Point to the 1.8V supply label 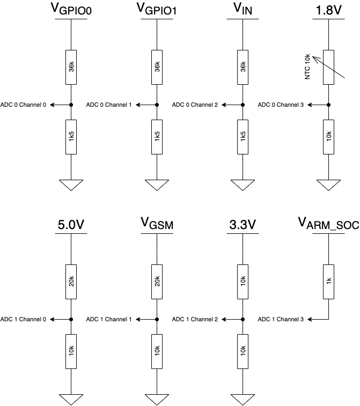[x=328, y=10]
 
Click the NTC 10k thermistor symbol [x=328, y=67]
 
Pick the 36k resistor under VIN [x=243, y=67]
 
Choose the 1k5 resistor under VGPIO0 [x=71, y=137]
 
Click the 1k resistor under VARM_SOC [x=328, y=282]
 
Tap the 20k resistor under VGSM [x=157, y=282]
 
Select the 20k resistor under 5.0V [x=71, y=282]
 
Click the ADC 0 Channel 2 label [x=195, y=105]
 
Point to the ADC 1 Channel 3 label [x=281, y=319]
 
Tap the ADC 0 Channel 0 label [x=23, y=105]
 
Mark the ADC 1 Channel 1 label [x=109, y=319]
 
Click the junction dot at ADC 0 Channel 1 [x=157, y=105]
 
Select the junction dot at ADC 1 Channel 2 [x=243, y=319]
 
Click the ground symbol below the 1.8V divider [x=328, y=185]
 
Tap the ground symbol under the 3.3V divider [x=243, y=400]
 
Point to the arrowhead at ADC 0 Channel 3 [x=310, y=105]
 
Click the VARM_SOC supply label [x=328, y=224]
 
